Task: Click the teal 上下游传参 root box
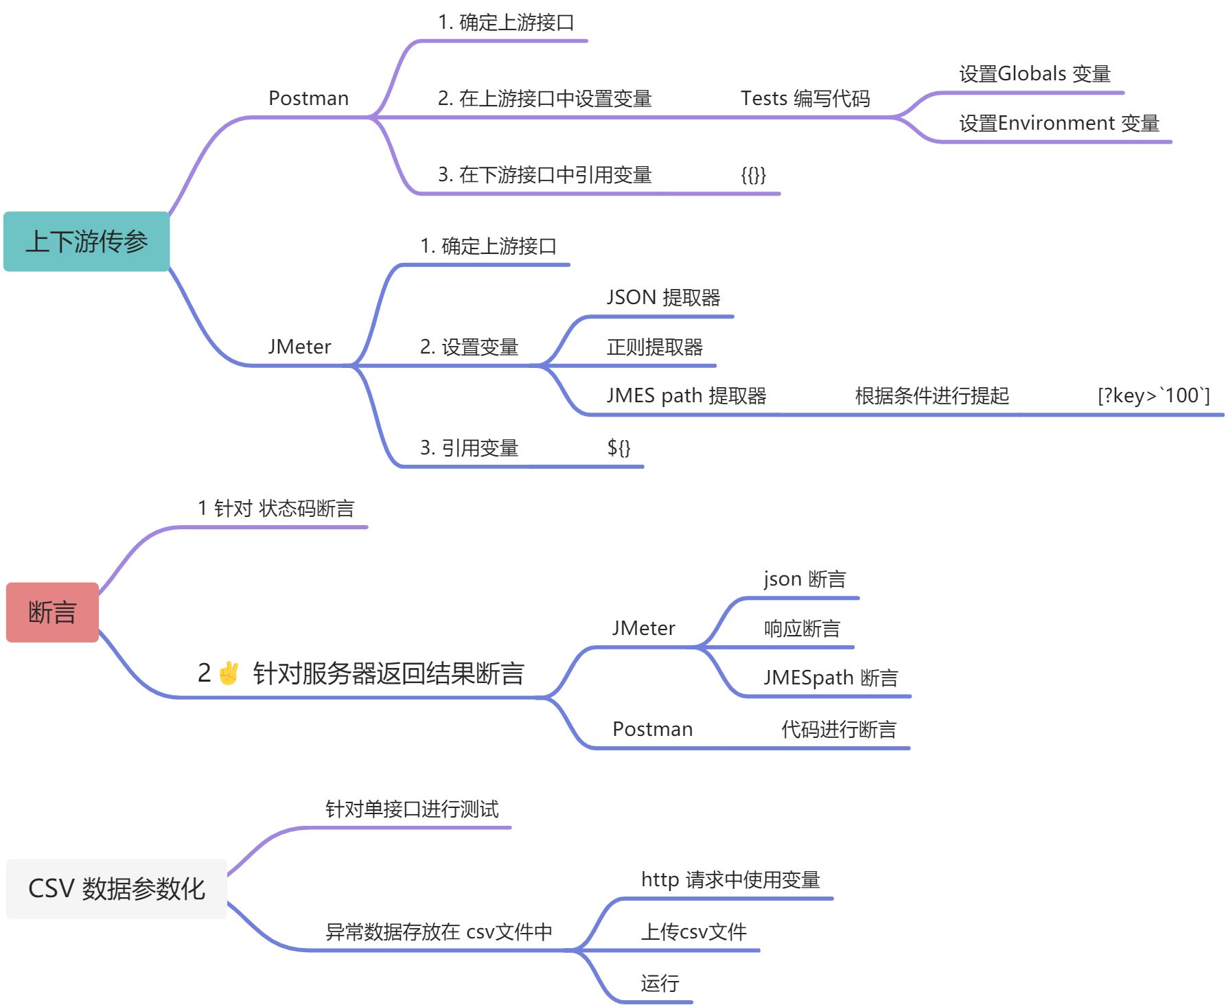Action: click(x=86, y=242)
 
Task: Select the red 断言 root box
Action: click(x=52, y=612)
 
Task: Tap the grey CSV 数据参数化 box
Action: click(x=117, y=888)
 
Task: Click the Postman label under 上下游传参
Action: click(x=308, y=98)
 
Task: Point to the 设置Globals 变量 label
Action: click(x=1034, y=73)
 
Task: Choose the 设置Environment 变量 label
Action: click(x=1059, y=123)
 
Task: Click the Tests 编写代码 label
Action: click(x=805, y=98)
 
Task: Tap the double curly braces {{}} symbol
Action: click(x=753, y=174)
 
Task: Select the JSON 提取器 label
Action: click(x=663, y=297)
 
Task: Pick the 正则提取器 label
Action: click(x=655, y=347)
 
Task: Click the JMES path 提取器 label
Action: click(x=686, y=395)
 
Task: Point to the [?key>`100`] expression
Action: click(x=1153, y=395)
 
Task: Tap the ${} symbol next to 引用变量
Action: click(x=618, y=448)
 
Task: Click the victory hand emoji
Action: click(x=229, y=673)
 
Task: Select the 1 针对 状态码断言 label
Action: click(x=276, y=508)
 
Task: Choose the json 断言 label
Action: click(x=805, y=579)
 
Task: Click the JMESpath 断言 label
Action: click(x=831, y=678)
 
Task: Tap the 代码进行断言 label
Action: click(x=839, y=729)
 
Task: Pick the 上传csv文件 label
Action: click(x=693, y=932)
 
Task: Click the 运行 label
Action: click(x=660, y=984)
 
